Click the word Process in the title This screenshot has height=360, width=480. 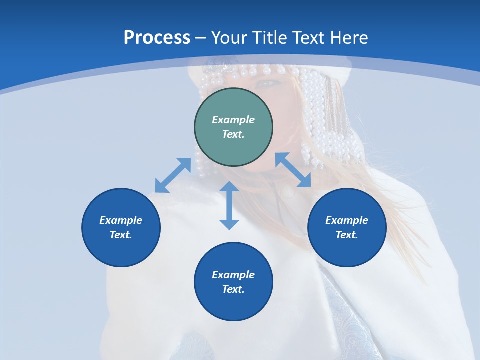click(157, 38)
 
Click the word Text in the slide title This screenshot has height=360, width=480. click(307, 38)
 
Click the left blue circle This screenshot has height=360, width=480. click(121, 227)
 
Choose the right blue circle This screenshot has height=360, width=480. click(347, 227)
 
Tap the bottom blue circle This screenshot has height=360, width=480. click(233, 282)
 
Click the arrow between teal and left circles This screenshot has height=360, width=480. click(173, 175)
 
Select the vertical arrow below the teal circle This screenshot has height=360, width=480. click(229, 205)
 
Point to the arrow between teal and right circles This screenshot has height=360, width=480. click(293, 170)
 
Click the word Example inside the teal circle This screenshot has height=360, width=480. click(233, 120)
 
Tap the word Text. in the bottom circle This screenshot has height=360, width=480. click(233, 289)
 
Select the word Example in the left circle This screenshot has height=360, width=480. click(121, 220)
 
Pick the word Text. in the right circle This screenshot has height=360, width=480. click(347, 235)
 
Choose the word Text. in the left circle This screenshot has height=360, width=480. click(121, 235)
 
